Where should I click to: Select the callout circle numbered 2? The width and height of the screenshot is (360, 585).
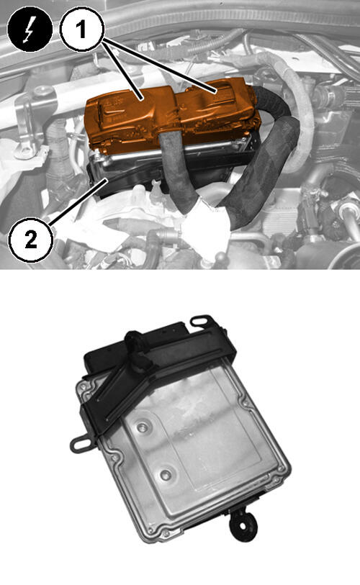pos(30,238)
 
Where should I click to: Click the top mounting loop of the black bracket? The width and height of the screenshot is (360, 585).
pos(202,321)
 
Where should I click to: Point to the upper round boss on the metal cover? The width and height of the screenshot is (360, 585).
pos(143,427)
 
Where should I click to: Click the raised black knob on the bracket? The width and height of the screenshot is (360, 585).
pos(135,342)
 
